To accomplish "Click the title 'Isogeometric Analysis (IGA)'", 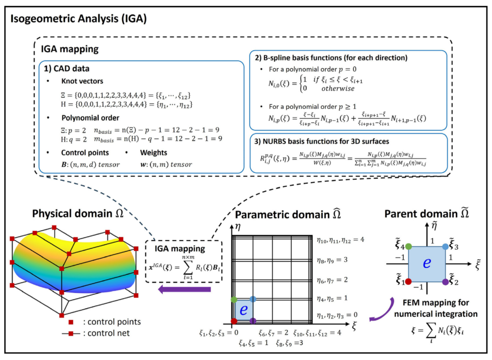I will point(79,20).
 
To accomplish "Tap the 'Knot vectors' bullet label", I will point(85,81).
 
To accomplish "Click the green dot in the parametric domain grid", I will point(234,299).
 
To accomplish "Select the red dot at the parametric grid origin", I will point(234,320).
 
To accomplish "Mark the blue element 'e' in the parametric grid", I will point(244,310).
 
